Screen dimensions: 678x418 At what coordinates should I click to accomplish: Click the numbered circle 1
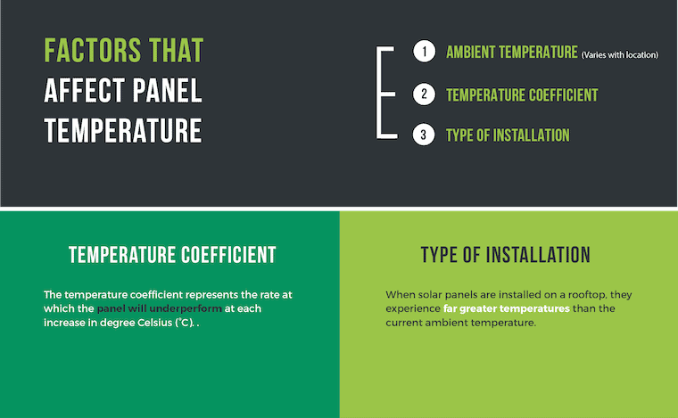424,52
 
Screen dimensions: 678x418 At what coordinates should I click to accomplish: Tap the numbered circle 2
424,94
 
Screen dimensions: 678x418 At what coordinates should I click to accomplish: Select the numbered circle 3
424,135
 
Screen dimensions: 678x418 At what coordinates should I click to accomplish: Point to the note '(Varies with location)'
620,55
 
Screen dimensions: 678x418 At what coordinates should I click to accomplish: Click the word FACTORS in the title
93,51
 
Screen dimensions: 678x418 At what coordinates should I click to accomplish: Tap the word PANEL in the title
168,91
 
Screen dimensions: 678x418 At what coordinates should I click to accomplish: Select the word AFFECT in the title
85,91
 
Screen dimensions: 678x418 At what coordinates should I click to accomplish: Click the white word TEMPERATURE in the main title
123,130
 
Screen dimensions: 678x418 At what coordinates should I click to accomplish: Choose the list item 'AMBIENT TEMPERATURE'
511,52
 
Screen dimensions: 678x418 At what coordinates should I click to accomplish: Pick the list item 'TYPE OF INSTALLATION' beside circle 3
508,135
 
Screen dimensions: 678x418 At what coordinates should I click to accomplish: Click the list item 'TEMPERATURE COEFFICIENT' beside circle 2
522,95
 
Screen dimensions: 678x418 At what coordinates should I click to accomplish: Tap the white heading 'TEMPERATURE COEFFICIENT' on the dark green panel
172,255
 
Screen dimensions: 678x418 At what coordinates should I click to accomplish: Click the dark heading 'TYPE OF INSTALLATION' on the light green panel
506,255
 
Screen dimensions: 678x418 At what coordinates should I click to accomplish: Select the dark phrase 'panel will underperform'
159,308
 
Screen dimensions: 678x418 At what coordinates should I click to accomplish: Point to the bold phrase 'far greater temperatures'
507,308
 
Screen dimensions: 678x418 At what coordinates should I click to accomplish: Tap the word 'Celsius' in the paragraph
154,323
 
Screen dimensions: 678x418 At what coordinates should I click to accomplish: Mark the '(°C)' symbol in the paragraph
184,323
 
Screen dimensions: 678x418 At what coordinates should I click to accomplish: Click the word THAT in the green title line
176,51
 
